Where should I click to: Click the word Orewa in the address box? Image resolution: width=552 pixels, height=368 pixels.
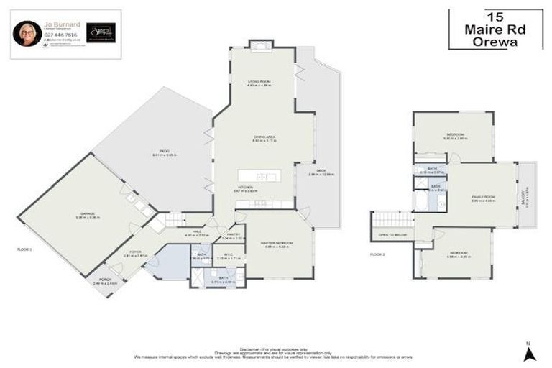click(494, 41)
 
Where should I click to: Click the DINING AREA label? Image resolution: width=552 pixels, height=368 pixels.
click(264, 138)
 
